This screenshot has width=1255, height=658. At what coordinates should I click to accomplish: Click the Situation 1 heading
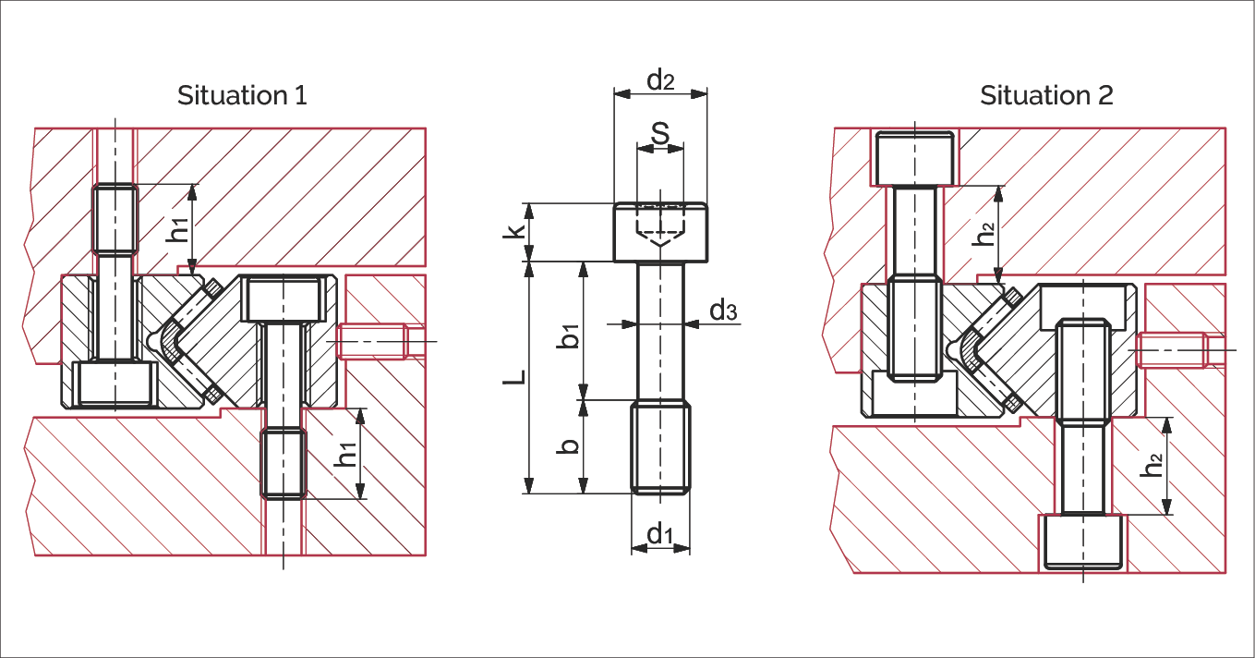[x=242, y=95]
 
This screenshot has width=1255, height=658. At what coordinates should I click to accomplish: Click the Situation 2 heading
[x=1046, y=95]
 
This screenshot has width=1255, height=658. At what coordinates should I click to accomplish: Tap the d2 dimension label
[x=660, y=80]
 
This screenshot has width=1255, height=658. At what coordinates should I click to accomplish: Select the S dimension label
[x=660, y=133]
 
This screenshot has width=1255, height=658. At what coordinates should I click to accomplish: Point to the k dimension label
[x=520, y=231]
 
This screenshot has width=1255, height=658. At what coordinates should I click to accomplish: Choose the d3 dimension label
[x=724, y=311]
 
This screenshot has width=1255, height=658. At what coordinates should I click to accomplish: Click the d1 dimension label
[x=659, y=533]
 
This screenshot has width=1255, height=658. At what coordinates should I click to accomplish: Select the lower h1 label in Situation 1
[x=346, y=455]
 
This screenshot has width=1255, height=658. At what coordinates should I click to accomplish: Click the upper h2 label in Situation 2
[x=985, y=233]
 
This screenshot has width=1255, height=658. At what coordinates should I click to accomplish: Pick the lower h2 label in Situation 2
[x=1152, y=465]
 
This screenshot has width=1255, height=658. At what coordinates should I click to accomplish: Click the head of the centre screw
[x=660, y=233]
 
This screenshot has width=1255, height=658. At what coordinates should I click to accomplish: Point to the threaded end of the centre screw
[x=660, y=446]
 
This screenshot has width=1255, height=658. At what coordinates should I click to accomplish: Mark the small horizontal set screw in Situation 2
[x=1172, y=349]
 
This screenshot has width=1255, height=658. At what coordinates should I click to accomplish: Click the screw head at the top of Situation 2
[x=914, y=158]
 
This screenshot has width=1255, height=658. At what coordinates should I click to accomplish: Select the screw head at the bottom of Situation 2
[x=1083, y=541]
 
